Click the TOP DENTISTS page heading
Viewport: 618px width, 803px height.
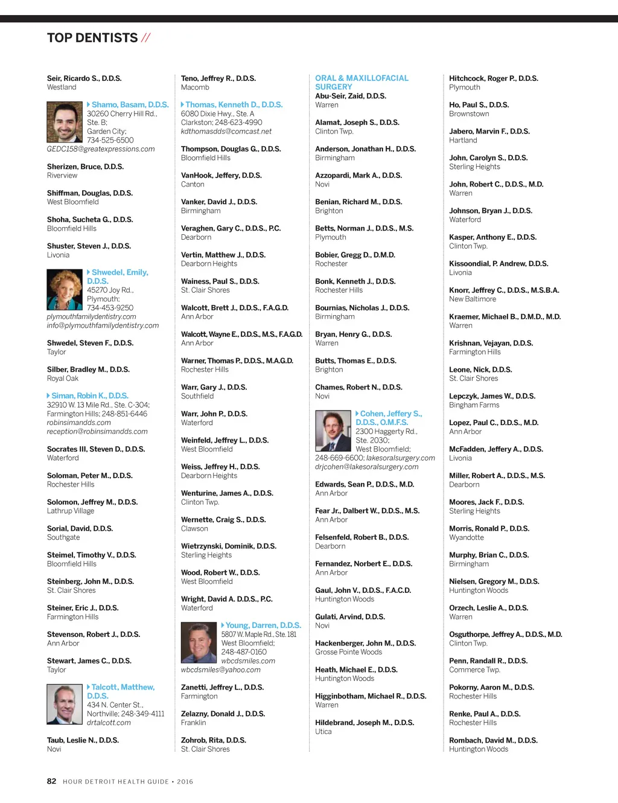[92, 38]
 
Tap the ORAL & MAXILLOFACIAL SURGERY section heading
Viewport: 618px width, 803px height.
[362, 83]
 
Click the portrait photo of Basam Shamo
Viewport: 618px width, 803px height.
[65, 122]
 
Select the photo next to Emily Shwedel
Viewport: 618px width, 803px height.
[65, 290]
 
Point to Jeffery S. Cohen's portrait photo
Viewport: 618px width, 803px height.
[333, 431]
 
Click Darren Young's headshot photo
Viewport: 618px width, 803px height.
[199, 643]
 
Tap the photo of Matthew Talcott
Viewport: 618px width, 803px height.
[65, 705]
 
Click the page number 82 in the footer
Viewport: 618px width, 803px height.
[52, 781]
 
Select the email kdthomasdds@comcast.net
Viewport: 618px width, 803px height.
[226, 131]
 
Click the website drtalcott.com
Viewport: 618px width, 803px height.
[109, 723]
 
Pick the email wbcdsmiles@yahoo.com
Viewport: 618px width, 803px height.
[221, 670]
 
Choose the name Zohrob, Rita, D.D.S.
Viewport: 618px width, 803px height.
[214, 740]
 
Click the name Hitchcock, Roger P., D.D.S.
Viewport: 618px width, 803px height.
[493, 78]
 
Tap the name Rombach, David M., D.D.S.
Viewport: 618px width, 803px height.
[493, 740]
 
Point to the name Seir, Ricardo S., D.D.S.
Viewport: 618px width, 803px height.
[84, 78]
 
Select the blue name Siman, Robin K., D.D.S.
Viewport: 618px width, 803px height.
[90, 396]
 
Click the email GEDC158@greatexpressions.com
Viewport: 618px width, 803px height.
[101, 149]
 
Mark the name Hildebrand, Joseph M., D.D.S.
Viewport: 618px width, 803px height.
[365, 723]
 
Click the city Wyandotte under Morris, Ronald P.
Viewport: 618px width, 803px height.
[467, 537]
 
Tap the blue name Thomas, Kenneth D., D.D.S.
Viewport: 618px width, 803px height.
[234, 105]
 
